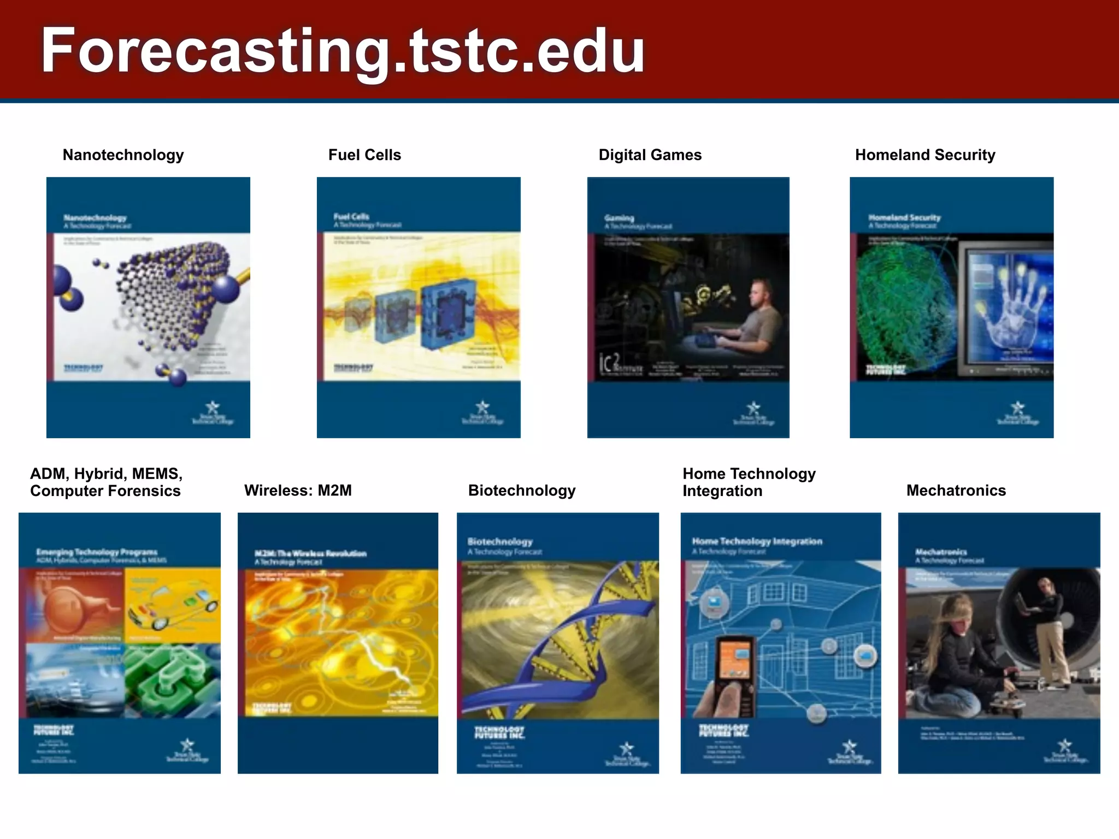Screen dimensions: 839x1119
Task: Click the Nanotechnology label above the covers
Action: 123,155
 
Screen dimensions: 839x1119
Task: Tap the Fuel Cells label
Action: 364,155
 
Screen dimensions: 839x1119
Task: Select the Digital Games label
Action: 650,155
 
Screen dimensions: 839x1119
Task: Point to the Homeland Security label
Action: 924,155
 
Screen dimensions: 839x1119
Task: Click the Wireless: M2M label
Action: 298,491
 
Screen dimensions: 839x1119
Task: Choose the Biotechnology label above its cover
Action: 521,491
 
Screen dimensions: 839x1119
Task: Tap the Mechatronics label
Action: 956,491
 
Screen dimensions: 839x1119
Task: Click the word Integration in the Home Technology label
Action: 722,491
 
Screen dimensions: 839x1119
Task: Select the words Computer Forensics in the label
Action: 105,491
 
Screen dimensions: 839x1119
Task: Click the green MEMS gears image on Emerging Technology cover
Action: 172,680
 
